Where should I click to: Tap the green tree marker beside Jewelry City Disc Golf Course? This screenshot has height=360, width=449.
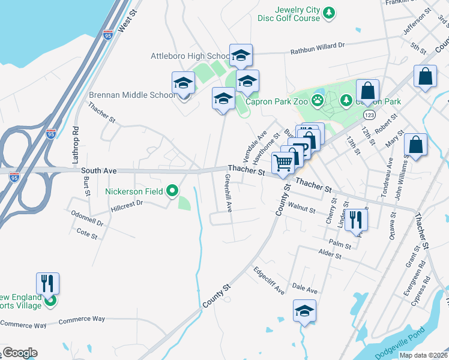(x=329, y=13)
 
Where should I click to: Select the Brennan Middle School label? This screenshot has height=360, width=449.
(x=132, y=95)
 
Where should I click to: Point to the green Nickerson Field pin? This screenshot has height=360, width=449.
(x=172, y=191)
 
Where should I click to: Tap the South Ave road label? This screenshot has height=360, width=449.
(x=98, y=171)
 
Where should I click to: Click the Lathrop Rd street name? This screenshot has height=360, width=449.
(x=76, y=145)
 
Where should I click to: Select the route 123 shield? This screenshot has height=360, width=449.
(x=370, y=114)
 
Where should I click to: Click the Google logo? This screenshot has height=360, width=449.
(x=19, y=353)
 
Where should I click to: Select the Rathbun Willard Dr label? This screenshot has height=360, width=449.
(x=318, y=45)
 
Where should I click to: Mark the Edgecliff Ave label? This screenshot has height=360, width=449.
(x=269, y=280)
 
